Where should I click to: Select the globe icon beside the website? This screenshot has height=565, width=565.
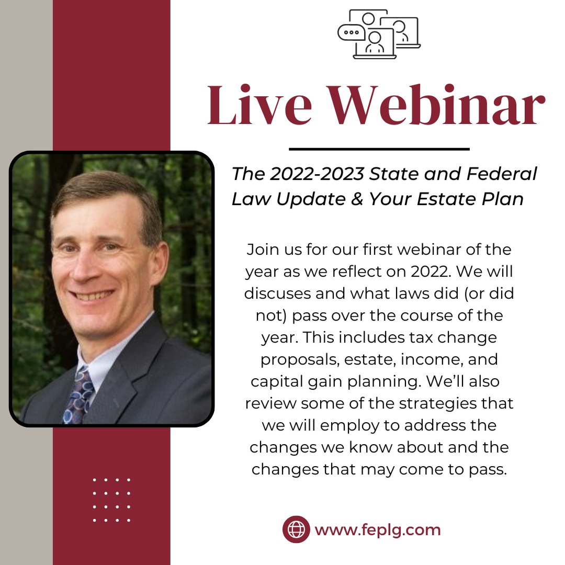[x=296, y=529]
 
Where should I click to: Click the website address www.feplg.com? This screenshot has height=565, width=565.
[x=378, y=530]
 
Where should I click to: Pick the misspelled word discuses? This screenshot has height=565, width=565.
[x=279, y=293]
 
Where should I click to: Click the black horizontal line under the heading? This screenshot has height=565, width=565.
[x=379, y=149]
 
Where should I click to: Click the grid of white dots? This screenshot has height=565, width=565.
[x=111, y=500]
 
